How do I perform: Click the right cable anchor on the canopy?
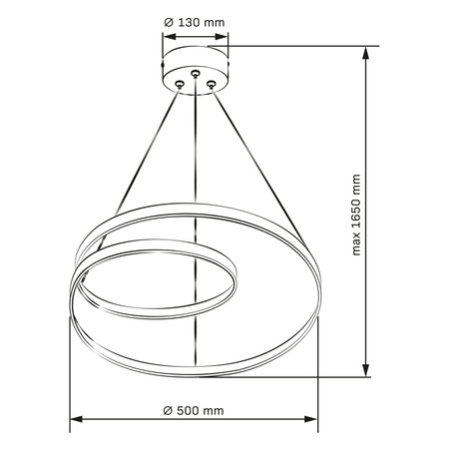pyautogui.click(x=212, y=85)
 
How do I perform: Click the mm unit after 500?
pyautogui.click(x=215, y=411)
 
